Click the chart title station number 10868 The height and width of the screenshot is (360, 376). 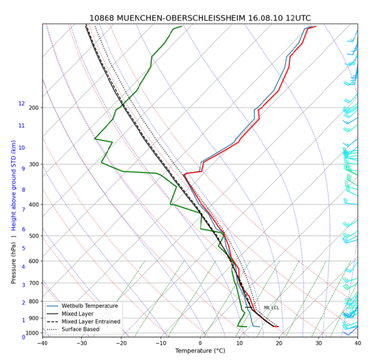click(x=102, y=18)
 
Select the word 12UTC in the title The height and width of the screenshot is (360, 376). click(x=298, y=18)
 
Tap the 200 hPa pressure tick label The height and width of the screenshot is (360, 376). click(x=34, y=108)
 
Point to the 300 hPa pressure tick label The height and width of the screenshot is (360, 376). click(x=34, y=164)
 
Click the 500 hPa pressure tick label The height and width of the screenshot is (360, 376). click(x=34, y=236)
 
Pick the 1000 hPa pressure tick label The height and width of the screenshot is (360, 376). click(x=32, y=333)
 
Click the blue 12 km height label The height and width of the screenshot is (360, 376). click(x=21, y=103)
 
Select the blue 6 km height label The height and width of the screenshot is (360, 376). click(x=24, y=229)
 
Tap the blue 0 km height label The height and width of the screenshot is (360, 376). click(x=24, y=337)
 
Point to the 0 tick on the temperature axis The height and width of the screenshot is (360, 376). click(x=201, y=343)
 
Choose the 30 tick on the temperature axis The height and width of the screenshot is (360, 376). click(x=318, y=343)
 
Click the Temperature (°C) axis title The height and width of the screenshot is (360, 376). click(x=201, y=351)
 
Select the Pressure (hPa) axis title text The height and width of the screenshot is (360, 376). click(x=13, y=263)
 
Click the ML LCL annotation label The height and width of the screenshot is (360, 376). click(x=271, y=308)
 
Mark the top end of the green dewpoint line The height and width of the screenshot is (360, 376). click(x=182, y=26)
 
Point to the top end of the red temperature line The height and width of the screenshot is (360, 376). click(x=316, y=26)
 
